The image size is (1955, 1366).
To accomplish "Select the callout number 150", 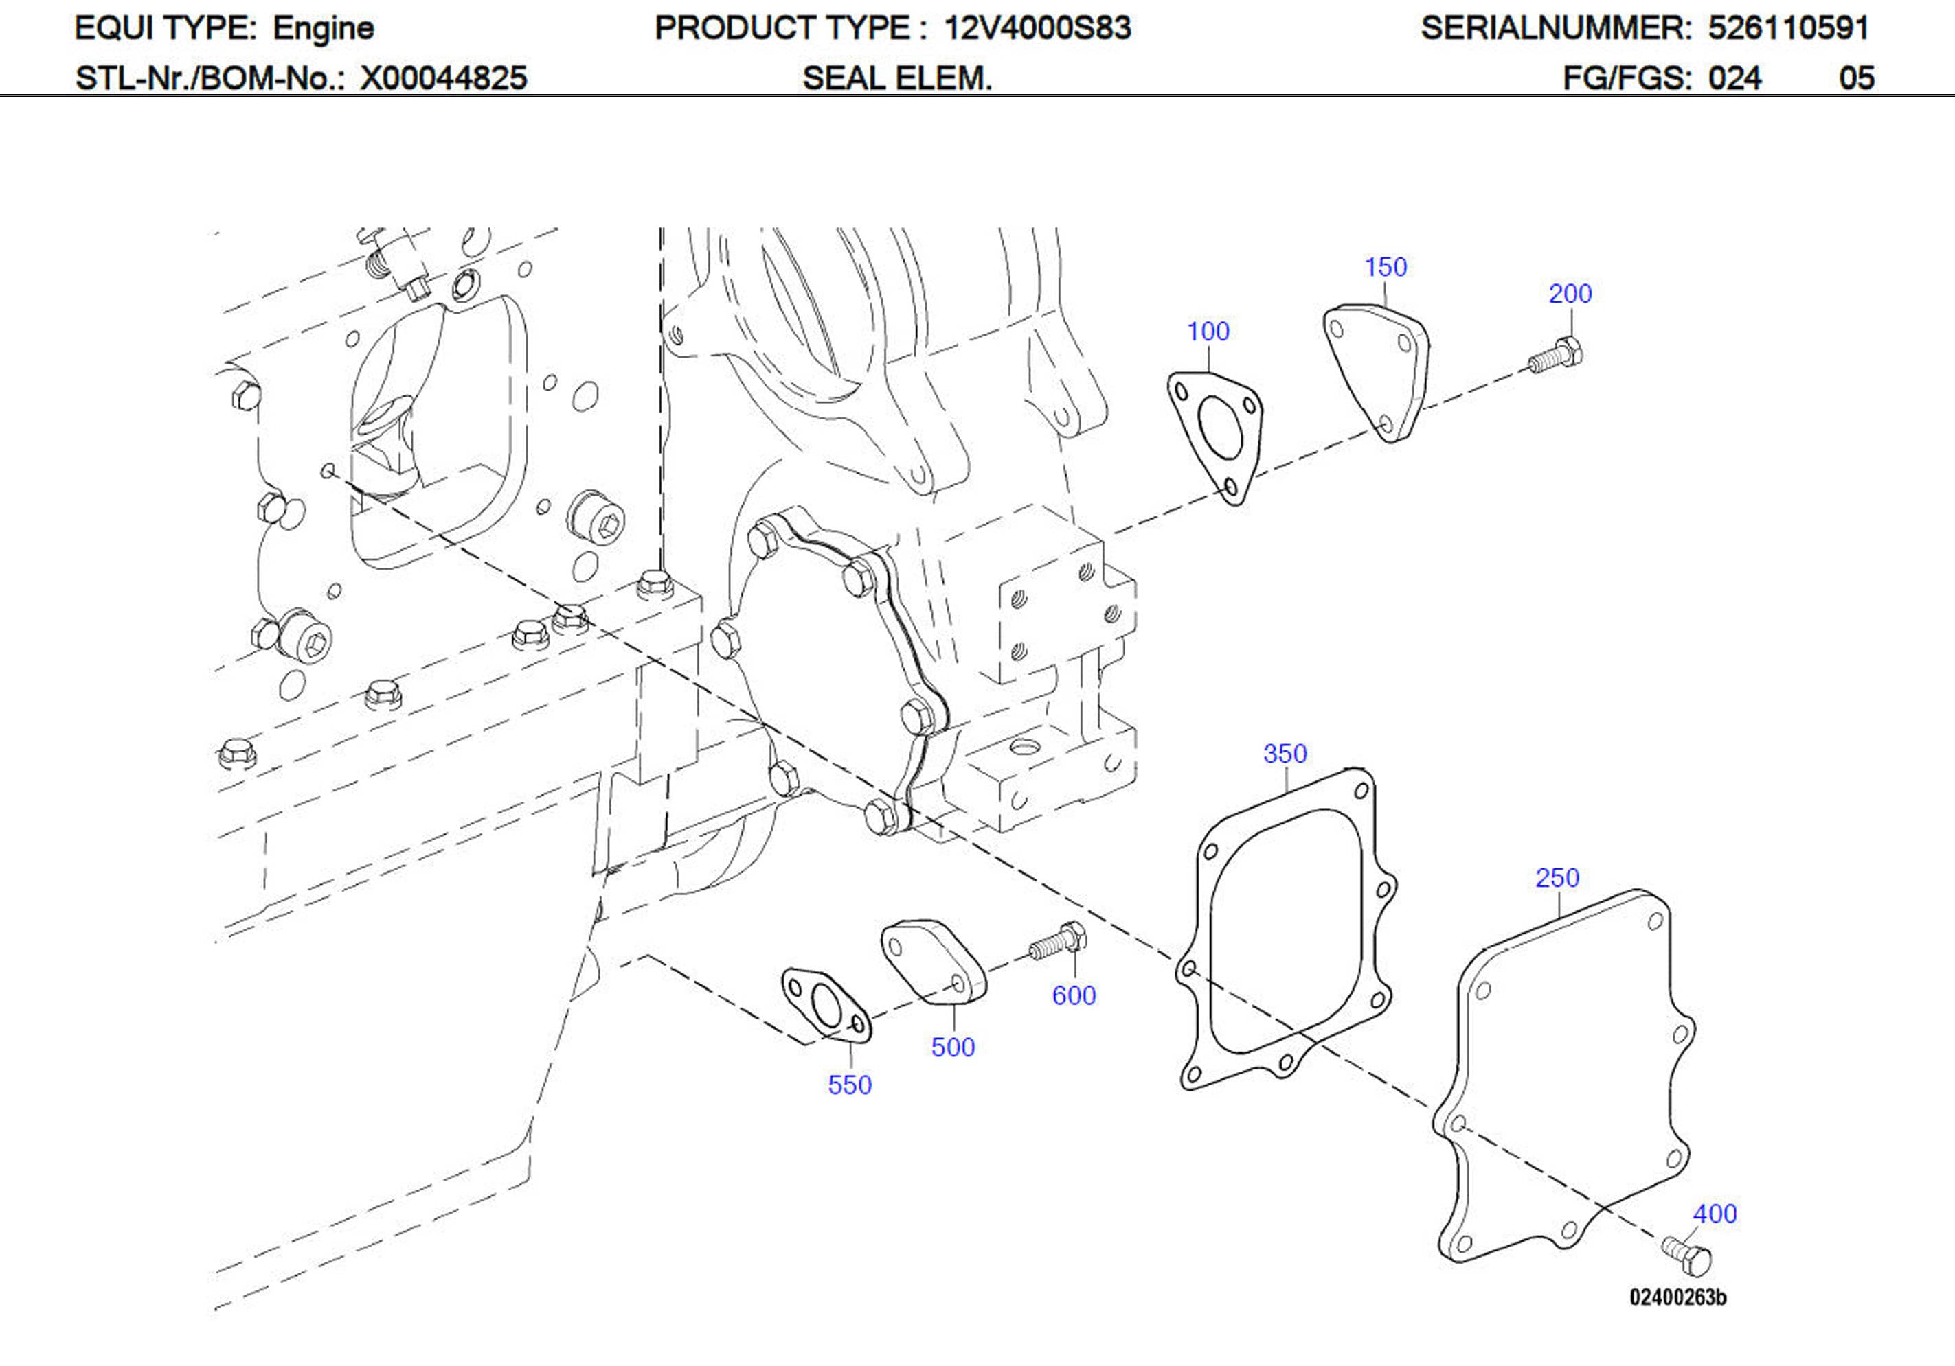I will click(1386, 266).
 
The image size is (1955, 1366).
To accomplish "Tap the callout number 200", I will click(1569, 294).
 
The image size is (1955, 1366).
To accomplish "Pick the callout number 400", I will click(1714, 1214).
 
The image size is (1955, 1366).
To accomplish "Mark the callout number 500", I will click(952, 1047).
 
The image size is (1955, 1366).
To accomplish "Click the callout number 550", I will click(849, 1085).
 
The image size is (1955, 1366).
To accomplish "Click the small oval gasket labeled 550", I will click(826, 1005).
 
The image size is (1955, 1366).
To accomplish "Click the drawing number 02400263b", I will click(1677, 1298).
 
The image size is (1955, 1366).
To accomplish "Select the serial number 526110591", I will click(1788, 28).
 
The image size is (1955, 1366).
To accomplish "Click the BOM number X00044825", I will click(444, 78).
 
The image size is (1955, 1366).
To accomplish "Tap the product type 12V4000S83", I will click(1037, 28).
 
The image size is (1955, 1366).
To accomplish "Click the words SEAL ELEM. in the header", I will click(896, 78).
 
